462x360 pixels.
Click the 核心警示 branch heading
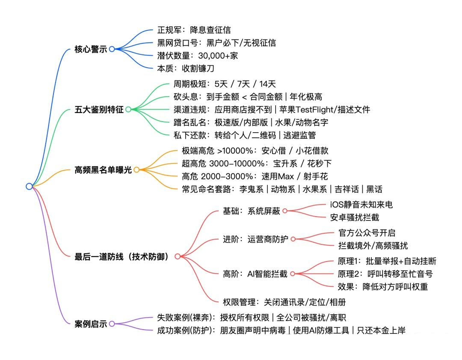pyautogui.click(x=91, y=49)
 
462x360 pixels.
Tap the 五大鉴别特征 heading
pyautogui.click(x=99, y=110)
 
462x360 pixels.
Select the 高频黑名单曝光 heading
pyautogui.click(x=104, y=170)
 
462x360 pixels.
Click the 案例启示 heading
pyautogui.click(x=91, y=324)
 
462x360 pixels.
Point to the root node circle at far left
pyautogui.click(x=29, y=186)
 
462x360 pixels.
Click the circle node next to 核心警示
pyautogui.click(x=112, y=49)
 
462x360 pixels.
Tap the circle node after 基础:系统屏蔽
pyautogui.click(x=284, y=211)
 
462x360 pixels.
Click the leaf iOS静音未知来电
pyautogui.click(x=361, y=205)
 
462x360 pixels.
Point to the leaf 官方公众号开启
pyautogui.click(x=367, y=233)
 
